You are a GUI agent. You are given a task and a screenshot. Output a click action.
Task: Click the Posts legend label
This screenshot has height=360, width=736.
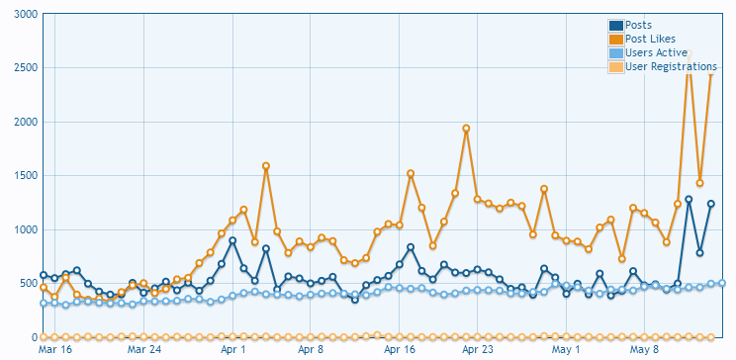click(x=638, y=26)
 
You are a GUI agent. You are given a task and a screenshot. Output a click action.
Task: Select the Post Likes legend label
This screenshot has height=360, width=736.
click(x=651, y=39)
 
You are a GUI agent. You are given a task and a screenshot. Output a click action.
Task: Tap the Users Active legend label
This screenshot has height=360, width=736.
click(x=656, y=53)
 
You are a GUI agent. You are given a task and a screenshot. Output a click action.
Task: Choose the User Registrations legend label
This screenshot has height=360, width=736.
click(x=672, y=66)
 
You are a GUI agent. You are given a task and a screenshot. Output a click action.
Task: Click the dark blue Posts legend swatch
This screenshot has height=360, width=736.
click(x=616, y=26)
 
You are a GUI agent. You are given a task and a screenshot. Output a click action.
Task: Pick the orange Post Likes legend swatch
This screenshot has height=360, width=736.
click(x=616, y=40)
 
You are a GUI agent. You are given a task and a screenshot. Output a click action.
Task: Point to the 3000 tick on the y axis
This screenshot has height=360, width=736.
click(x=26, y=14)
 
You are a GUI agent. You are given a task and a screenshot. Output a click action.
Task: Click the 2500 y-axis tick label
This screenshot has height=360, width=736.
click(x=26, y=68)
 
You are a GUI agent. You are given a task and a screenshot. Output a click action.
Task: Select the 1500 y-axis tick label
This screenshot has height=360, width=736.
click(x=26, y=176)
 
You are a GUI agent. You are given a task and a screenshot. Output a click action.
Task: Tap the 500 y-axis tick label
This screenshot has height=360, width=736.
click(x=29, y=284)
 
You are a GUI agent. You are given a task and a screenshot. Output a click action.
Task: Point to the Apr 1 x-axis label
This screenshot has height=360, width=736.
click(x=232, y=350)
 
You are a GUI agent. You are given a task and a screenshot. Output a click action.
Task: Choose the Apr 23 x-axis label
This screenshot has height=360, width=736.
click(x=478, y=350)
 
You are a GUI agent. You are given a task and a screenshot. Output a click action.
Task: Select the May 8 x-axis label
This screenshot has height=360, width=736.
click(x=644, y=350)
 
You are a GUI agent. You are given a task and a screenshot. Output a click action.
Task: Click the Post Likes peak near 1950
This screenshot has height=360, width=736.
click(x=466, y=129)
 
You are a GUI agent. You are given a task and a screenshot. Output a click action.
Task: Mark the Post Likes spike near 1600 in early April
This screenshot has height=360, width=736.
click(x=266, y=166)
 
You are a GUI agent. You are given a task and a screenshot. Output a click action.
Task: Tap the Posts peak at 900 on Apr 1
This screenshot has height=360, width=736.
click(x=232, y=240)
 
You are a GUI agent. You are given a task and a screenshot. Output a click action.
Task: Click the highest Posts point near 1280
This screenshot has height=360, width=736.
click(x=689, y=200)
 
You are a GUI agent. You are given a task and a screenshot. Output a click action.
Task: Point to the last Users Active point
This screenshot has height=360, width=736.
click(x=722, y=283)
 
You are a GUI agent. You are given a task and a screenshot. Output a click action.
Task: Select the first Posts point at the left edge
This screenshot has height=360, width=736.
click(x=44, y=275)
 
